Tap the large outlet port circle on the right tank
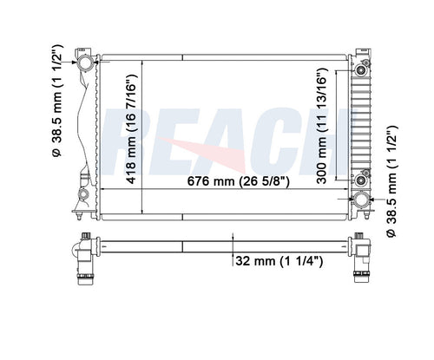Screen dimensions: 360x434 tap(359, 200)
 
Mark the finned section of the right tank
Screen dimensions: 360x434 tap(358, 121)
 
